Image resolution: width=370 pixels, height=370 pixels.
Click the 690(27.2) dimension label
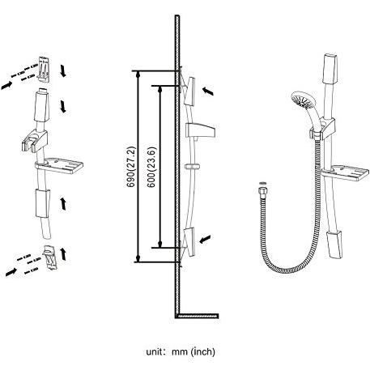click(131, 167)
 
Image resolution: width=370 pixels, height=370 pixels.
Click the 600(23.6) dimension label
click(151, 168)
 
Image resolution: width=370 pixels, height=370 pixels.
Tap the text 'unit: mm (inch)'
click(181, 352)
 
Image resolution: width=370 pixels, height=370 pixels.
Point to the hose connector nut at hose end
click(262, 190)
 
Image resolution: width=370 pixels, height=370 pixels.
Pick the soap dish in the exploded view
click(59, 165)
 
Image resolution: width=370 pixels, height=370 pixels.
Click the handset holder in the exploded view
click(35, 141)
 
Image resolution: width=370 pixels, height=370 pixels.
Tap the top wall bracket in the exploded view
click(44, 69)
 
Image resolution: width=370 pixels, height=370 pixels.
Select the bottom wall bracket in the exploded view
click(49, 257)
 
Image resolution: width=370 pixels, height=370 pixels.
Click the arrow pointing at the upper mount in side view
click(208, 91)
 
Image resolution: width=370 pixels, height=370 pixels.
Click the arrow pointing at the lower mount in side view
click(205, 239)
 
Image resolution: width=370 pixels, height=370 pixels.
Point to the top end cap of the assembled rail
click(330, 69)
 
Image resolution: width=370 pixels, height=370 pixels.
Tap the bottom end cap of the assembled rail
click(335, 244)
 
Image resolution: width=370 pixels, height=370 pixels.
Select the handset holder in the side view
click(200, 130)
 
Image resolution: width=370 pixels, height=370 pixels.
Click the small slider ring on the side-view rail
click(193, 167)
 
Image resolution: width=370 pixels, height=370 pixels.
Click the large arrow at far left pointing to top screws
click(6, 86)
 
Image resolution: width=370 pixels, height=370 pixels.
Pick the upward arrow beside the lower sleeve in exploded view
click(63, 203)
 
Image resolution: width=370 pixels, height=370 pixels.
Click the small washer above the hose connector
click(262, 184)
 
